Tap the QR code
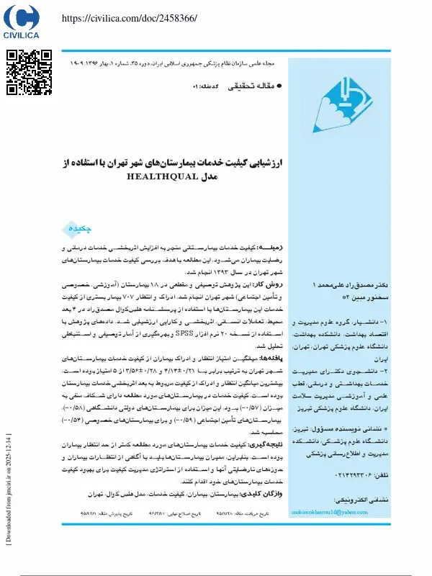click(29, 72)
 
